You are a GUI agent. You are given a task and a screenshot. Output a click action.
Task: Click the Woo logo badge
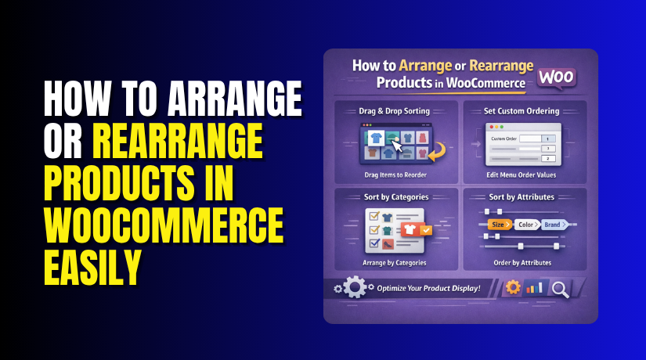(558, 78)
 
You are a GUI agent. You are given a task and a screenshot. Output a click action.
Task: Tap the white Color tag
(526, 225)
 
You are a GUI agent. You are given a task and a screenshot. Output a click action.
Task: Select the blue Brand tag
(554, 225)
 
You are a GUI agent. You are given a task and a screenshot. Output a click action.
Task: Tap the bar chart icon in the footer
(536, 288)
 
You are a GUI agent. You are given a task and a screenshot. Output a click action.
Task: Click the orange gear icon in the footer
(513, 287)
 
